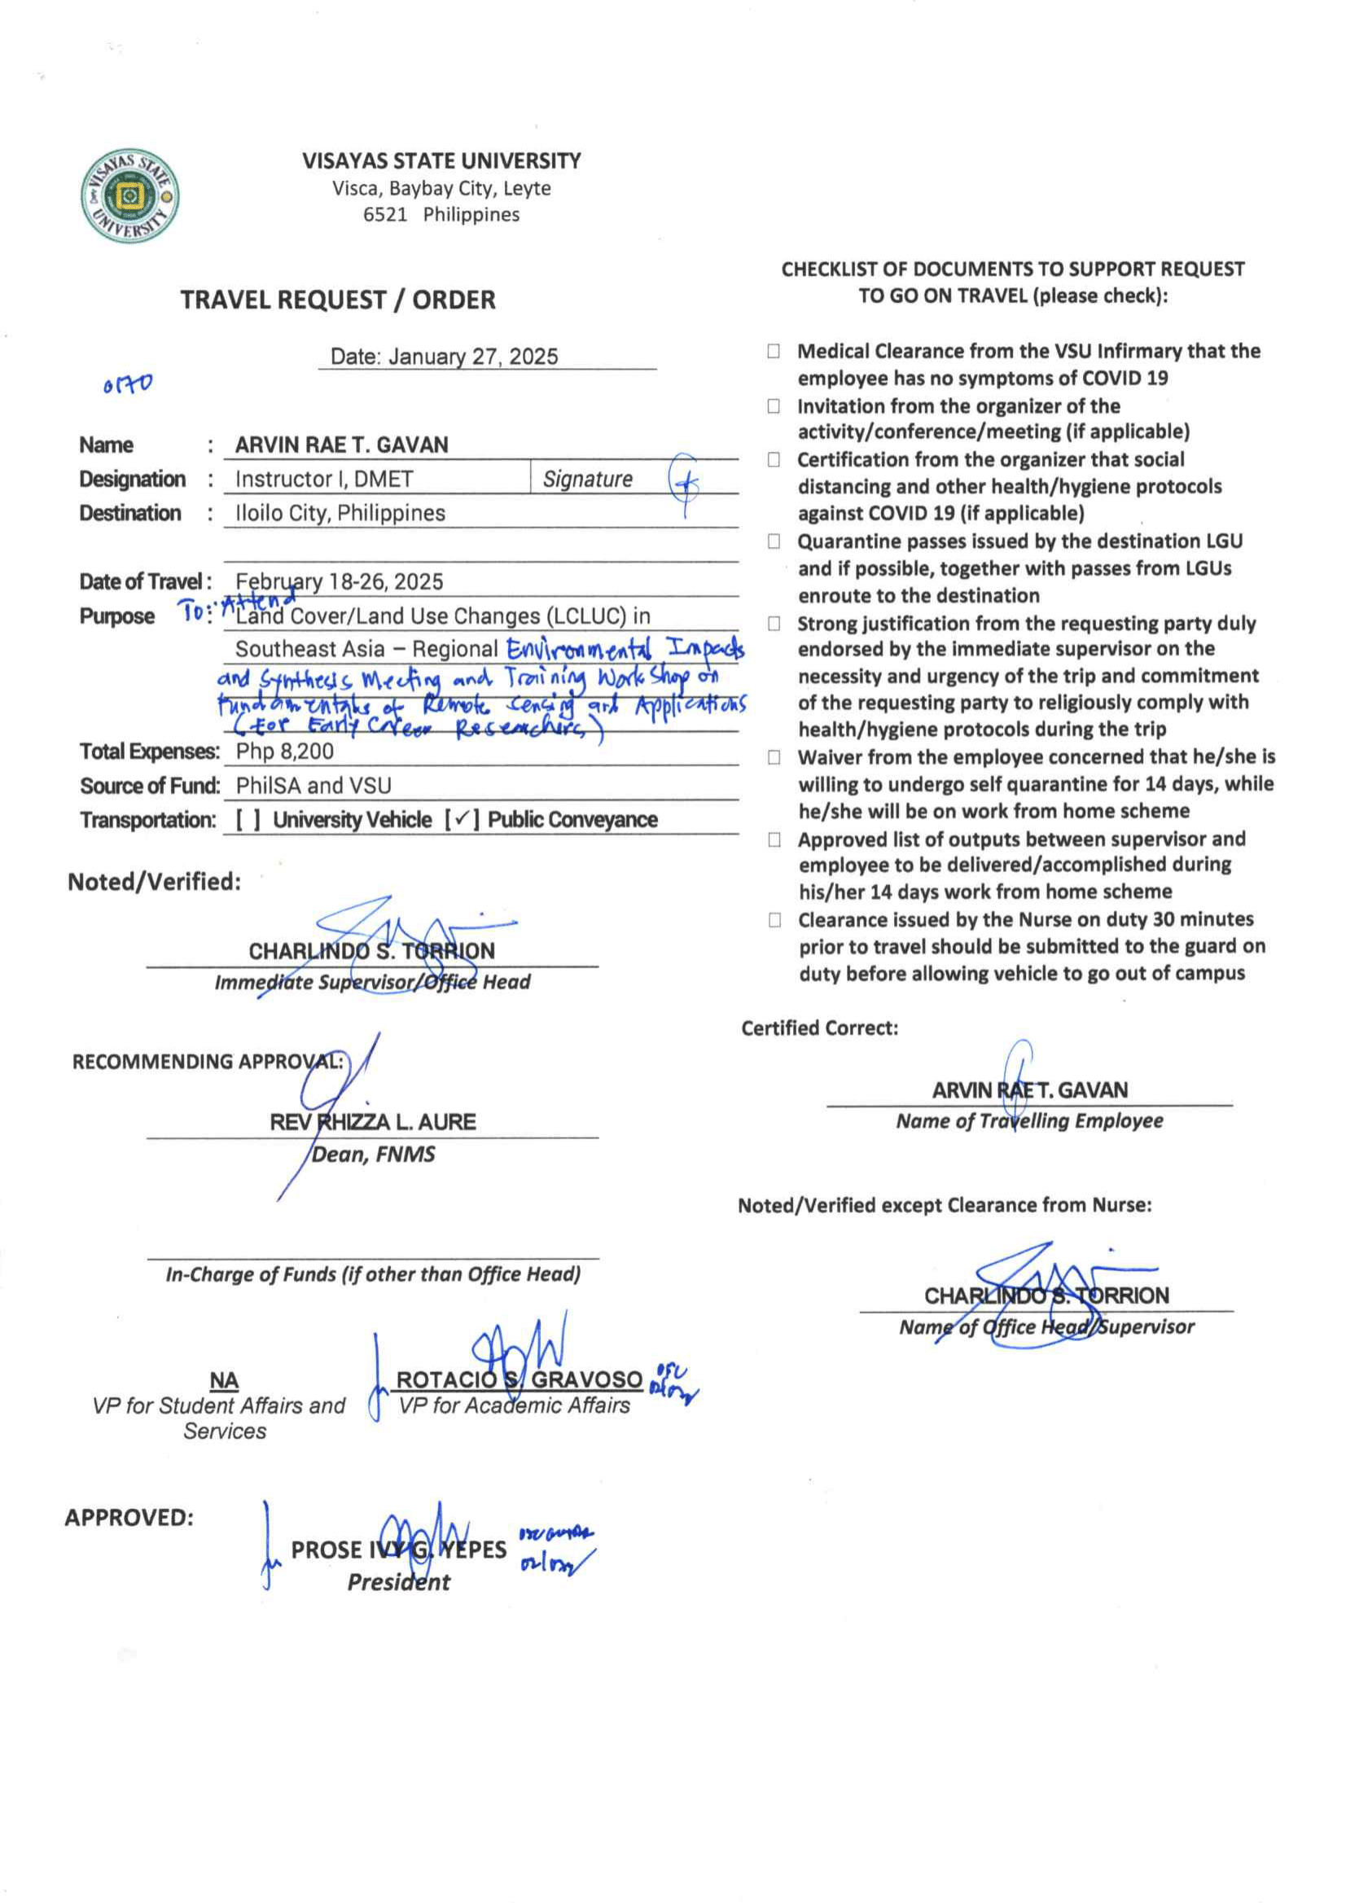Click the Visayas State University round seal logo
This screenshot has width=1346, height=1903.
click(x=130, y=196)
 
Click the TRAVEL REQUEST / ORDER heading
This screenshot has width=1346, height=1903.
click(x=337, y=300)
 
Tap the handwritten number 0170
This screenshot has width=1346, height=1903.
click(x=128, y=384)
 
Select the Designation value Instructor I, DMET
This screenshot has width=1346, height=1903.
click(x=324, y=479)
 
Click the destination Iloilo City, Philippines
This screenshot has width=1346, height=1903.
click(x=340, y=513)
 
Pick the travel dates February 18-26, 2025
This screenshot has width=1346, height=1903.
click(x=339, y=581)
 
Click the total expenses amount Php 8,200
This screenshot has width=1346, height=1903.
click(x=284, y=751)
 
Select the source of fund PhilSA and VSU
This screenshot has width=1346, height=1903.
click(x=313, y=785)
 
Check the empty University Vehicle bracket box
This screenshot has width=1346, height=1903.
click(x=248, y=820)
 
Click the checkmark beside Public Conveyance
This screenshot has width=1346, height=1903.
click(x=462, y=819)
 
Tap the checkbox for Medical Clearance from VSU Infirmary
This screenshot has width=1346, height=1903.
click(x=774, y=352)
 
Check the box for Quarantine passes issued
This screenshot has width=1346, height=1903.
click(x=774, y=542)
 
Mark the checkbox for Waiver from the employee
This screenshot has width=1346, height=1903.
click(x=774, y=757)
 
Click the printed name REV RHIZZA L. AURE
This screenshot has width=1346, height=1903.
click(x=372, y=1122)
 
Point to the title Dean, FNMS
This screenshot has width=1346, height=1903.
click(x=372, y=1155)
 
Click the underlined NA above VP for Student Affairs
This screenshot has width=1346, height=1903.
click(x=224, y=1380)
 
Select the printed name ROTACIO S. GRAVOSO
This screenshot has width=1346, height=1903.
click(x=519, y=1379)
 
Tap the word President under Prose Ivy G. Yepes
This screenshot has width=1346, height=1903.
click(x=399, y=1582)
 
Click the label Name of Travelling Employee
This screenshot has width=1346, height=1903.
click(x=1028, y=1121)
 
